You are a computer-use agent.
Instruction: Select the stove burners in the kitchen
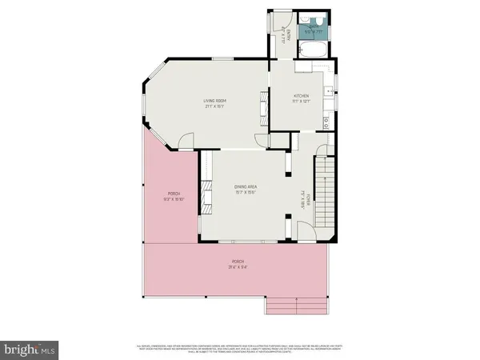click(x=327, y=122)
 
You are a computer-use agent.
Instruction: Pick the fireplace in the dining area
click(x=205, y=194)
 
